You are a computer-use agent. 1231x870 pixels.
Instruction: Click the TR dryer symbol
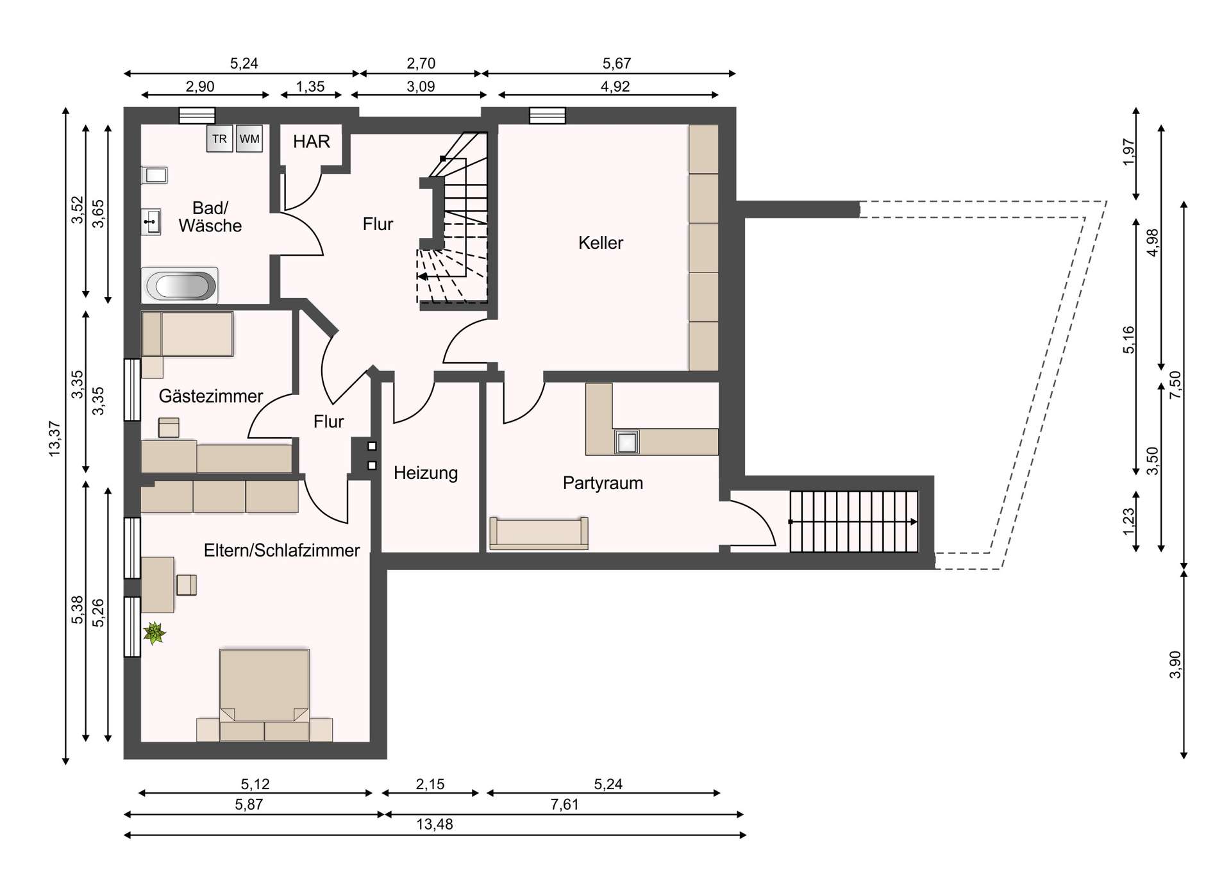219,139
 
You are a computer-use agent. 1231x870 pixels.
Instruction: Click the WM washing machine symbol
249,139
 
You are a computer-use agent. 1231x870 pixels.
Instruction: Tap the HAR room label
312,142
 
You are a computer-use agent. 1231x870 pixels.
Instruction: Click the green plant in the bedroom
154,633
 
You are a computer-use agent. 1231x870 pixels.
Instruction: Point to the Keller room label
600,243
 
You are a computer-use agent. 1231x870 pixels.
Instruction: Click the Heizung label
426,473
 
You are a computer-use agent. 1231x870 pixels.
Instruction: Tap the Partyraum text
603,483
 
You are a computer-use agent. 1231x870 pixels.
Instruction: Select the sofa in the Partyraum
539,533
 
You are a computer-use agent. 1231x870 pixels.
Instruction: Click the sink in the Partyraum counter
626,442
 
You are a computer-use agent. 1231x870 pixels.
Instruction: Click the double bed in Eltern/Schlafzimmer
264,692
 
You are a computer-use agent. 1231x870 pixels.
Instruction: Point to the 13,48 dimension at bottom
435,824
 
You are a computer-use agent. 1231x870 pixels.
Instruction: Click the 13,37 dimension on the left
54,439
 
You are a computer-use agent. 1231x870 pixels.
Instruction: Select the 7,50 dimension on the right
1175,385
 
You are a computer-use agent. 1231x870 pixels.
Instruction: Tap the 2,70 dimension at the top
421,63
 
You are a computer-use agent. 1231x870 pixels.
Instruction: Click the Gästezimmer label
211,396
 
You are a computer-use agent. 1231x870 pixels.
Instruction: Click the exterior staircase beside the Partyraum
853,522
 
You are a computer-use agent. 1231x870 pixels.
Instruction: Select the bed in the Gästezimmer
188,334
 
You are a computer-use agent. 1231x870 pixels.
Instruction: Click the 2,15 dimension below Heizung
430,784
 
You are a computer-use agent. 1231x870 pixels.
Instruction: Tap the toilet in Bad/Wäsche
155,175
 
